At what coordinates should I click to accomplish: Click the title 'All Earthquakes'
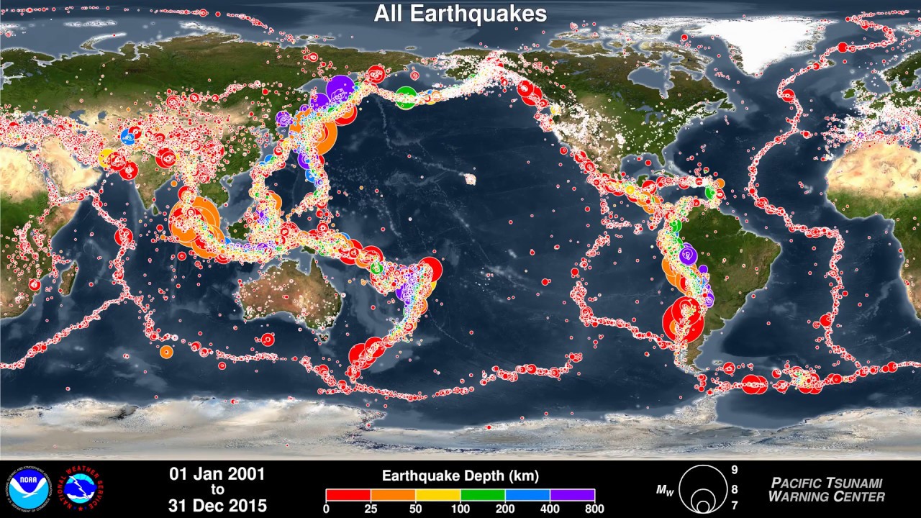coord(460,14)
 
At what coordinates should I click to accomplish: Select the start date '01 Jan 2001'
coord(217,474)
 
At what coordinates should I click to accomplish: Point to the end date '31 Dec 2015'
coord(217,506)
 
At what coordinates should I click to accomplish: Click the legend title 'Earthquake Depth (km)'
coord(460,476)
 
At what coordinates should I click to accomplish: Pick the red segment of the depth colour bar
coord(348,495)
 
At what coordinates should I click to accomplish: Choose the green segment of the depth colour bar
coord(483,495)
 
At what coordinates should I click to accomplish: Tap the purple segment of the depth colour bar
coord(573,495)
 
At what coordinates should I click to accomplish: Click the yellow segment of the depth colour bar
coord(438,495)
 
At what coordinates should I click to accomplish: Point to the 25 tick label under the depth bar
coord(371,509)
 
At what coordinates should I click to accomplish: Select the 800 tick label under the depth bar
coord(594,509)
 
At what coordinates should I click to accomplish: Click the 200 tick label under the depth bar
coord(505,509)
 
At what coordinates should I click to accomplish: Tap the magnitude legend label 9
coord(735,470)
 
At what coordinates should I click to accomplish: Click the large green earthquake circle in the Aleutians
coord(406,96)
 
